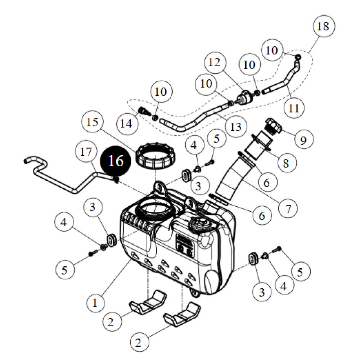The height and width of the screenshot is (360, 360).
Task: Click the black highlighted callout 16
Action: pyautogui.click(x=116, y=161)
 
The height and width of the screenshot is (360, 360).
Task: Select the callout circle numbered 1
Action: pyautogui.click(x=95, y=303)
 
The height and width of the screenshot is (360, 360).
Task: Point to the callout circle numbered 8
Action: pyautogui.click(x=285, y=163)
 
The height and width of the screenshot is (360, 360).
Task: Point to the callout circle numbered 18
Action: pyautogui.click(x=323, y=27)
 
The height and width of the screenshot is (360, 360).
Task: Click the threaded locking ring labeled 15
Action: pyautogui.click(x=156, y=157)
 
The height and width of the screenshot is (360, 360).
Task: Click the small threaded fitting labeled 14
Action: pyautogui.click(x=144, y=111)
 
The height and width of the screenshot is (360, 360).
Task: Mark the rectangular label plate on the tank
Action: pyautogui.click(x=185, y=244)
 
